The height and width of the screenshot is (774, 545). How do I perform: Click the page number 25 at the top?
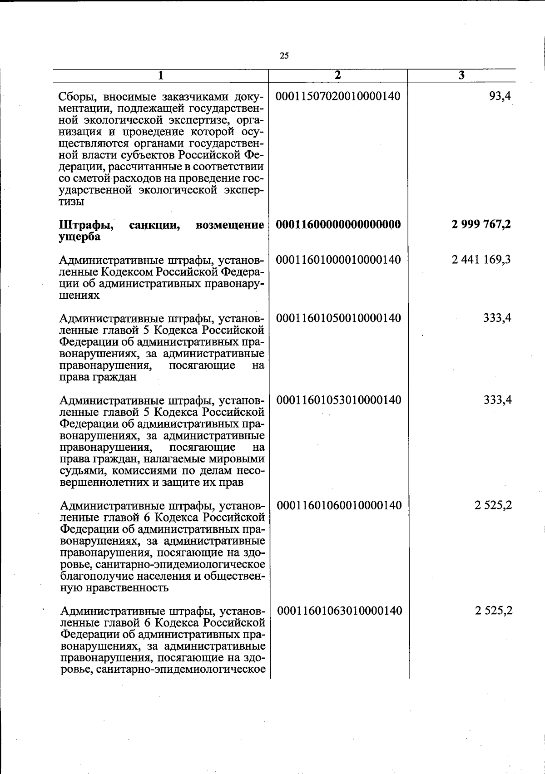284,56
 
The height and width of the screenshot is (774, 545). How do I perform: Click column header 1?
160,75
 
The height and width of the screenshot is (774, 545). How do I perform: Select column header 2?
337,75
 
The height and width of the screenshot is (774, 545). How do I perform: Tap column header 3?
461,75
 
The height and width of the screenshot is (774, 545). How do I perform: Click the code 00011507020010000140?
338,96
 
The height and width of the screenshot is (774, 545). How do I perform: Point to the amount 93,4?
500,96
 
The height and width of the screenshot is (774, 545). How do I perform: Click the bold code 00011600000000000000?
338,224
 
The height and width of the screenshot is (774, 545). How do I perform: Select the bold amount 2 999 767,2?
481,224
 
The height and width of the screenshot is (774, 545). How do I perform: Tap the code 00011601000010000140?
338,260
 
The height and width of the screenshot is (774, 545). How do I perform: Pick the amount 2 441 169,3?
481,260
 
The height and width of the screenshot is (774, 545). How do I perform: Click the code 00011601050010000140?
338,318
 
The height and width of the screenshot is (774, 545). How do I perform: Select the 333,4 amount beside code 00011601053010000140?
498,400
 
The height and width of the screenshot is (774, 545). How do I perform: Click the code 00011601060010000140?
339,505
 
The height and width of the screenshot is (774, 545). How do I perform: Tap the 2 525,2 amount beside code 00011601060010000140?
494,505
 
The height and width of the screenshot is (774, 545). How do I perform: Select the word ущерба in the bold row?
79,237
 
